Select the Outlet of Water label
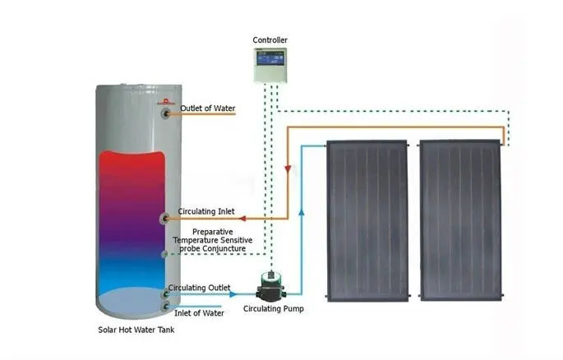208,107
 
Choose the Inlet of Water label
201,312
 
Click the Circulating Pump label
272,310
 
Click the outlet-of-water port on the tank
168,113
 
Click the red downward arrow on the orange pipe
288,168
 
